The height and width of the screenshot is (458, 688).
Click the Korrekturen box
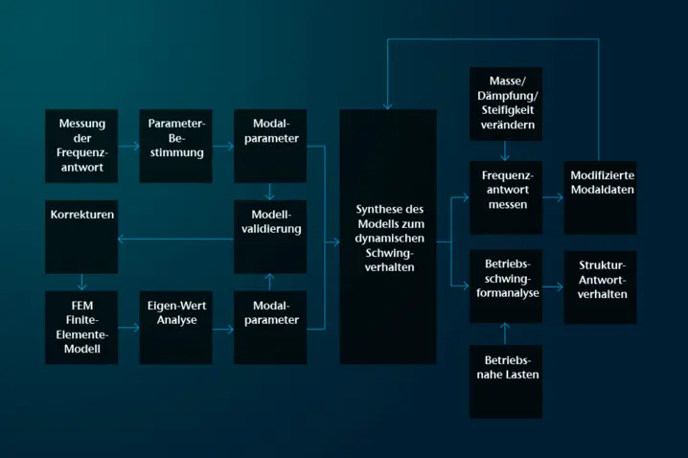(x=81, y=236)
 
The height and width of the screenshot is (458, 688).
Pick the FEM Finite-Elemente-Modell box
(x=81, y=327)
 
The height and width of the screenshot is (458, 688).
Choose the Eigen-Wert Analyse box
(x=176, y=327)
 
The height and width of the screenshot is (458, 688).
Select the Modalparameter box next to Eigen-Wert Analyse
(x=270, y=327)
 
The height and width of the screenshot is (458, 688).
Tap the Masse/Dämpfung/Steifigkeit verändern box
(x=505, y=102)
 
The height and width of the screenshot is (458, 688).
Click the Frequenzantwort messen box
(x=505, y=197)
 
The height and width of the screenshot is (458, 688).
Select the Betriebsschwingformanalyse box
(x=505, y=286)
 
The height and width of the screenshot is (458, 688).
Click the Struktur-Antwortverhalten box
(x=601, y=286)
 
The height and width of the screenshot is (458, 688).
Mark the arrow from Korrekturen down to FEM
(x=81, y=283)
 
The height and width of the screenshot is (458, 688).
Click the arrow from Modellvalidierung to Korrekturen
(x=177, y=239)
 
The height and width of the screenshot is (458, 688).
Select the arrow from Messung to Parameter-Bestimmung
(x=129, y=147)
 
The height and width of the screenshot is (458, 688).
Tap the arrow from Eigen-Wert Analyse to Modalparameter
(x=223, y=329)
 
